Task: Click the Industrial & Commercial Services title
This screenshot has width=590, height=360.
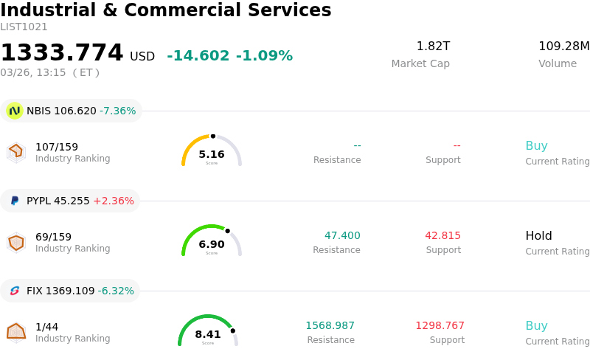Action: point(166,10)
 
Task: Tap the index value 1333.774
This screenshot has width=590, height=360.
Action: point(62,53)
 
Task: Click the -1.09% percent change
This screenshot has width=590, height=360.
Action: point(264,56)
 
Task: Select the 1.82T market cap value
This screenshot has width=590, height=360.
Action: point(433,46)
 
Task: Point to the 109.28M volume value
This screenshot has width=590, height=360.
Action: point(563,46)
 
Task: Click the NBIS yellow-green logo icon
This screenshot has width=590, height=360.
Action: point(14,111)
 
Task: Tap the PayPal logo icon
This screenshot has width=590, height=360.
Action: point(15,201)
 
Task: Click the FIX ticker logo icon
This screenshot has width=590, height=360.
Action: point(15,291)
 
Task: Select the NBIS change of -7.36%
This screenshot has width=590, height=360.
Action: point(117,111)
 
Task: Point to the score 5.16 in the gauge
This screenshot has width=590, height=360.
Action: point(212,154)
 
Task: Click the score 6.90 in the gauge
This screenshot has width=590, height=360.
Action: point(212,244)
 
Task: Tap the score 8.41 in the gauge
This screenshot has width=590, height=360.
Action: point(208,334)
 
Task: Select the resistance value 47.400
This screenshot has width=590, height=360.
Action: point(342,236)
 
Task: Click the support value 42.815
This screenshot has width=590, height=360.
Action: point(442,236)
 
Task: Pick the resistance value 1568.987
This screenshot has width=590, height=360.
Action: point(330,326)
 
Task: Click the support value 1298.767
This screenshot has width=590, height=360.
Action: point(440,326)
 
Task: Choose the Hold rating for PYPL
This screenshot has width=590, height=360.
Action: point(538,236)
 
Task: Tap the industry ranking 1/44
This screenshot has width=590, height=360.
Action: point(46,326)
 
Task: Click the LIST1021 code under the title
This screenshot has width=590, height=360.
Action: point(24,27)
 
